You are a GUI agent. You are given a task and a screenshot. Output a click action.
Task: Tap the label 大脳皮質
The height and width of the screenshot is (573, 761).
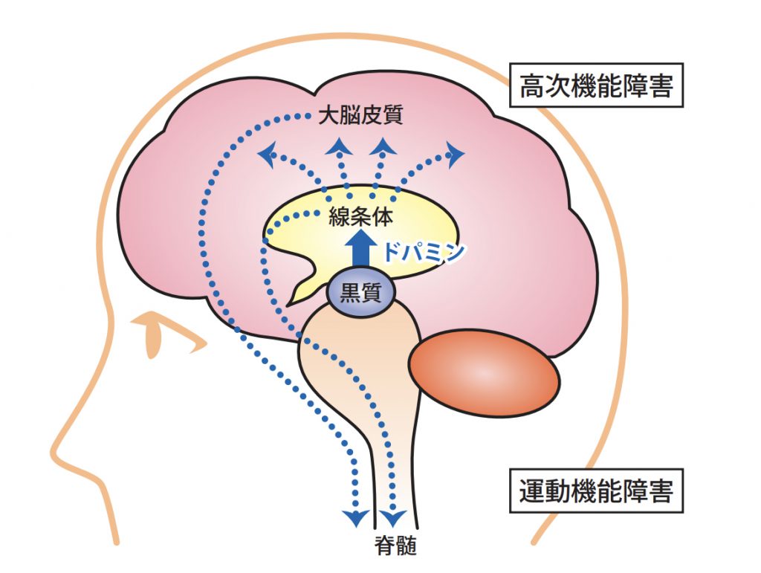click(360, 117)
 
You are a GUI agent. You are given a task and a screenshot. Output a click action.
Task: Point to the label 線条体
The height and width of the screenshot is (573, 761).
click(360, 218)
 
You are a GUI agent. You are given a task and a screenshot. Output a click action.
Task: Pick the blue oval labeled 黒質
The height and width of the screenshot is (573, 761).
click(360, 292)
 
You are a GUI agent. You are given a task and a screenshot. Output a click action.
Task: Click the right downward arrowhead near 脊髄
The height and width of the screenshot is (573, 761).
click(393, 517)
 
